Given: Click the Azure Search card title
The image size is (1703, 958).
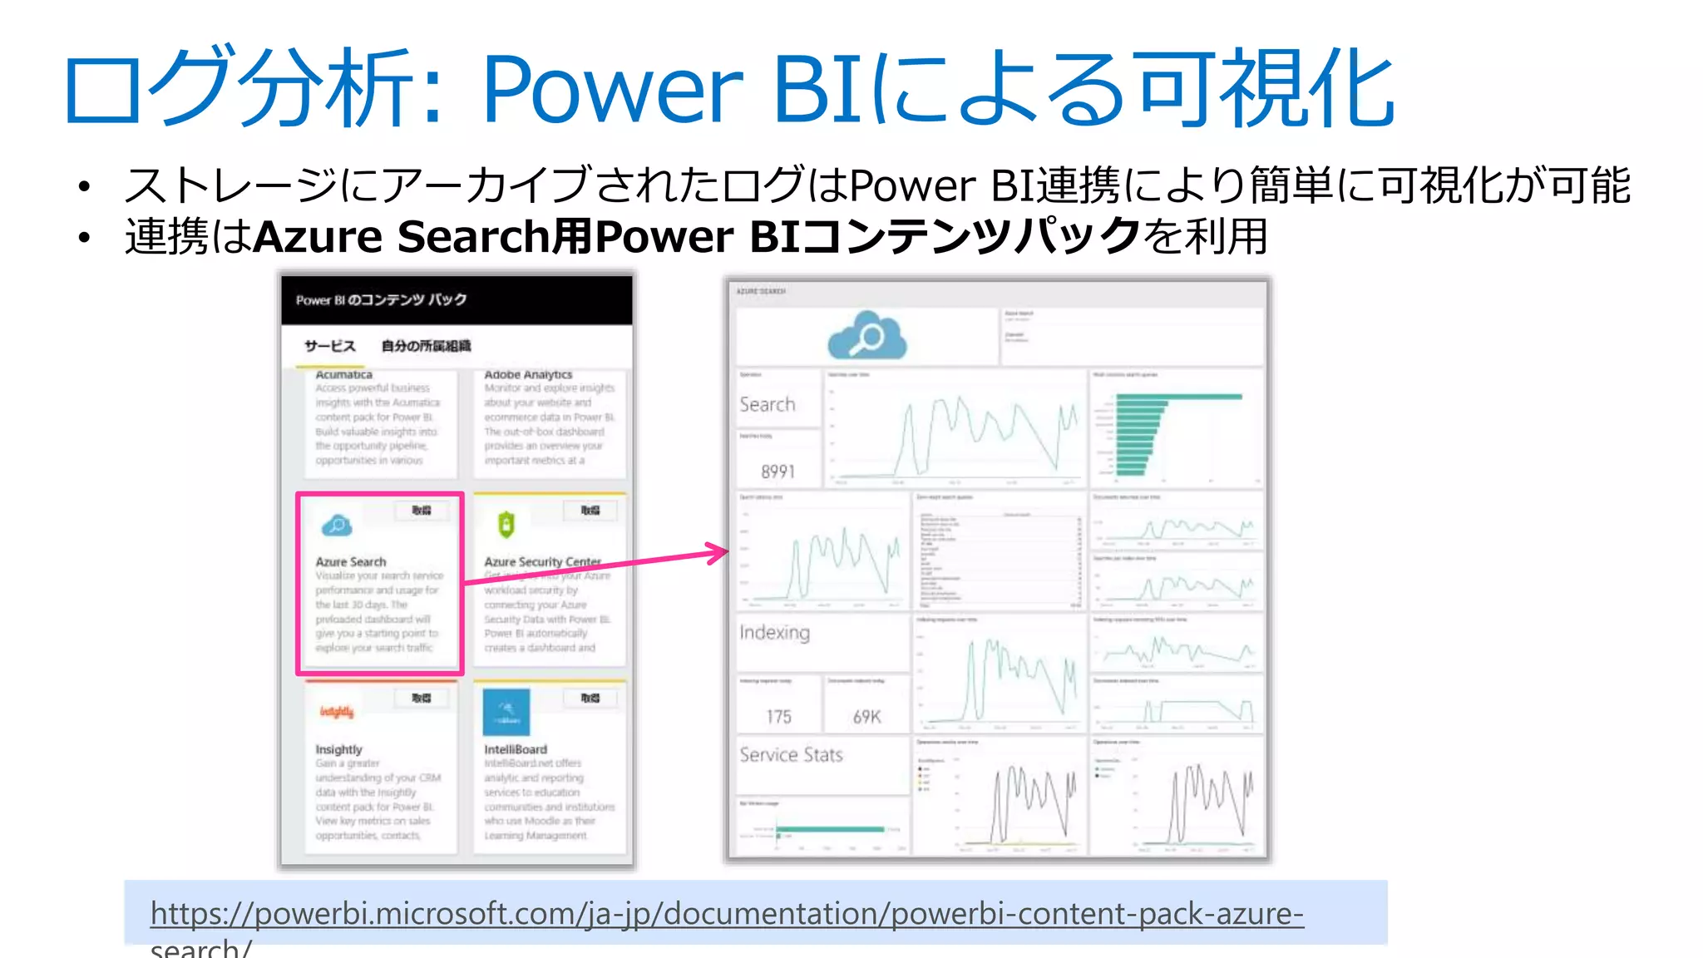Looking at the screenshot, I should (x=351, y=562).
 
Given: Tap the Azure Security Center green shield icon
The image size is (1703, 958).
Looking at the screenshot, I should (x=506, y=525).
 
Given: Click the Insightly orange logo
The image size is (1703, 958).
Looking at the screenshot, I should (x=337, y=712).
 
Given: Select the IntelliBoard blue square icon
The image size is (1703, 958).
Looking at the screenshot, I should (x=506, y=712).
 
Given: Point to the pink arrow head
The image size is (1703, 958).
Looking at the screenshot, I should (x=718, y=552).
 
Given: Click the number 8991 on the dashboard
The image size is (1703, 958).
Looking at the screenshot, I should (x=778, y=472).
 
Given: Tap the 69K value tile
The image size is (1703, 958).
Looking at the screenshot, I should (x=866, y=717).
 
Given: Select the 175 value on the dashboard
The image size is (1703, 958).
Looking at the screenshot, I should (x=778, y=717).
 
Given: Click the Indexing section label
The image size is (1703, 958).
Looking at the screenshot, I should (x=774, y=633).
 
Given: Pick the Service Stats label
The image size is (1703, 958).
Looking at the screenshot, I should (x=791, y=755).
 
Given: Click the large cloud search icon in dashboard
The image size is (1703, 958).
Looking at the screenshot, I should (x=866, y=335).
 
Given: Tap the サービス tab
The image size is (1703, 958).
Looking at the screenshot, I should (x=329, y=346).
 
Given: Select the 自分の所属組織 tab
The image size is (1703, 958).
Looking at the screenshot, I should (x=426, y=346).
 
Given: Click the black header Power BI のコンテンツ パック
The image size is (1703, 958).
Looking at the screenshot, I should (x=382, y=300).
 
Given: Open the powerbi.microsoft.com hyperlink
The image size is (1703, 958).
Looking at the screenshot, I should (x=726, y=914).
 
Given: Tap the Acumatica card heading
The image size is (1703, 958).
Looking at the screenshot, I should (x=343, y=375).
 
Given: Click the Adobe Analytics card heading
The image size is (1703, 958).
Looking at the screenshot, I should (x=528, y=375).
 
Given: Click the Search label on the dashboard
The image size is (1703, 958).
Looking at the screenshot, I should (x=767, y=405).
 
